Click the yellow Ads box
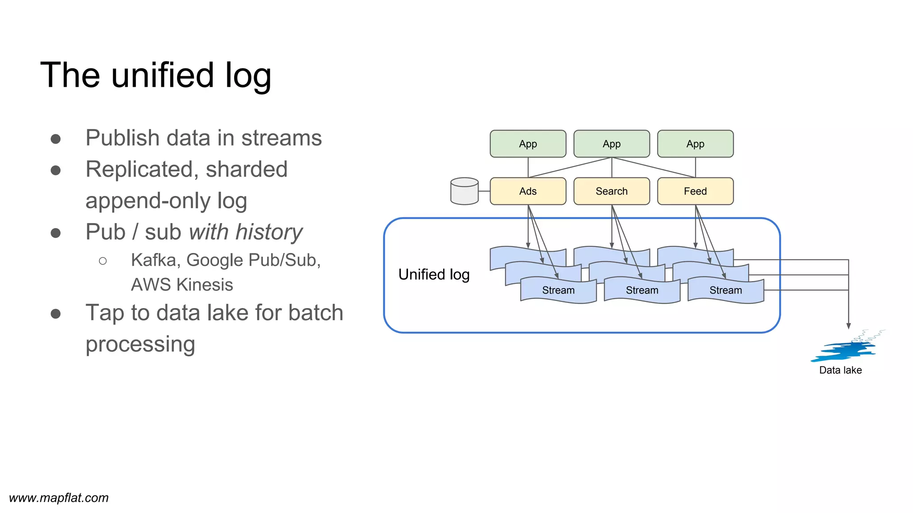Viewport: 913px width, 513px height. [x=528, y=191]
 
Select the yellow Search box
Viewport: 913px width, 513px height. [x=611, y=191]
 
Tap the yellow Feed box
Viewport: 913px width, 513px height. [x=695, y=191]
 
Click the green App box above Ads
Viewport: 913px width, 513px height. [x=528, y=144]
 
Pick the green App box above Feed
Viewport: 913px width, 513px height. [x=695, y=144]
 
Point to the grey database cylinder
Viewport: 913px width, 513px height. [x=464, y=191]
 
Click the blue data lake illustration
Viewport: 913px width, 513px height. [x=845, y=349]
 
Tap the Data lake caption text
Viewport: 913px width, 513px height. [x=840, y=370]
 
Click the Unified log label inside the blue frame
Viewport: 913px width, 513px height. [x=434, y=274]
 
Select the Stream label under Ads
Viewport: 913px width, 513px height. [x=558, y=290]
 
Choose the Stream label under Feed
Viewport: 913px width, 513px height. [x=725, y=290]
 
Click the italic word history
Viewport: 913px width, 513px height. [x=269, y=232]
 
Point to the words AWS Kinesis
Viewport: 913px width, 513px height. [x=182, y=285]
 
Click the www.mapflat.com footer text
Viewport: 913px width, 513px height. [x=59, y=498]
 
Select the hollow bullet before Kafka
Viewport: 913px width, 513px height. [x=103, y=261]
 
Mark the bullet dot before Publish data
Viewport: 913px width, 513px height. [x=56, y=139]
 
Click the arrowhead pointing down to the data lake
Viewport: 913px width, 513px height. [x=848, y=326]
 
